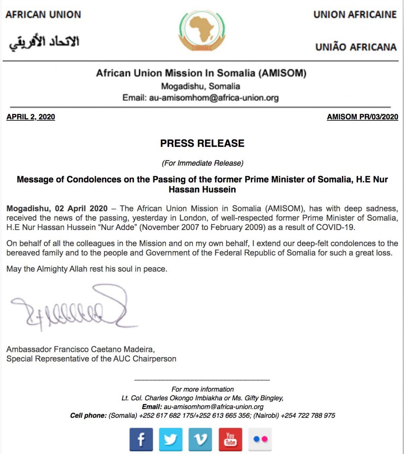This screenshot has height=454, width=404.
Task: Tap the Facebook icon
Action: click(141, 439)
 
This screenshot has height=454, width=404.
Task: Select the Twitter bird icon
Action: click(171, 439)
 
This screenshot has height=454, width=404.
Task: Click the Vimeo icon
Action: click(200, 439)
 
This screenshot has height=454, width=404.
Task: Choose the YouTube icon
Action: click(230, 439)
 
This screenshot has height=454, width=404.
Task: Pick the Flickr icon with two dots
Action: click(260, 439)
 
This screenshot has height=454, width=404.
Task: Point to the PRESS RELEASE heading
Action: click(202, 143)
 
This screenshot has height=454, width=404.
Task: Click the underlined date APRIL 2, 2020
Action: click(31, 117)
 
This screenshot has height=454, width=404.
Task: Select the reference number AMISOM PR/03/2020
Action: click(362, 117)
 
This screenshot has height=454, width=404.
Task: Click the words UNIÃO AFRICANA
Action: click(356, 47)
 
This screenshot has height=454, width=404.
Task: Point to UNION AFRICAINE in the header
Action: click(355, 15)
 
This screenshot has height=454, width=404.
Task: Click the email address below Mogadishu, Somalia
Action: click(214, 98)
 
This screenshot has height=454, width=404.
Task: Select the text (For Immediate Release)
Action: click(202, 163)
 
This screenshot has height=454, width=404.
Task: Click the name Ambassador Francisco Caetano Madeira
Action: click(80, 349)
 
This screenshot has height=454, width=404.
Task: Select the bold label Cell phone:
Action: click(88, 415)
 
